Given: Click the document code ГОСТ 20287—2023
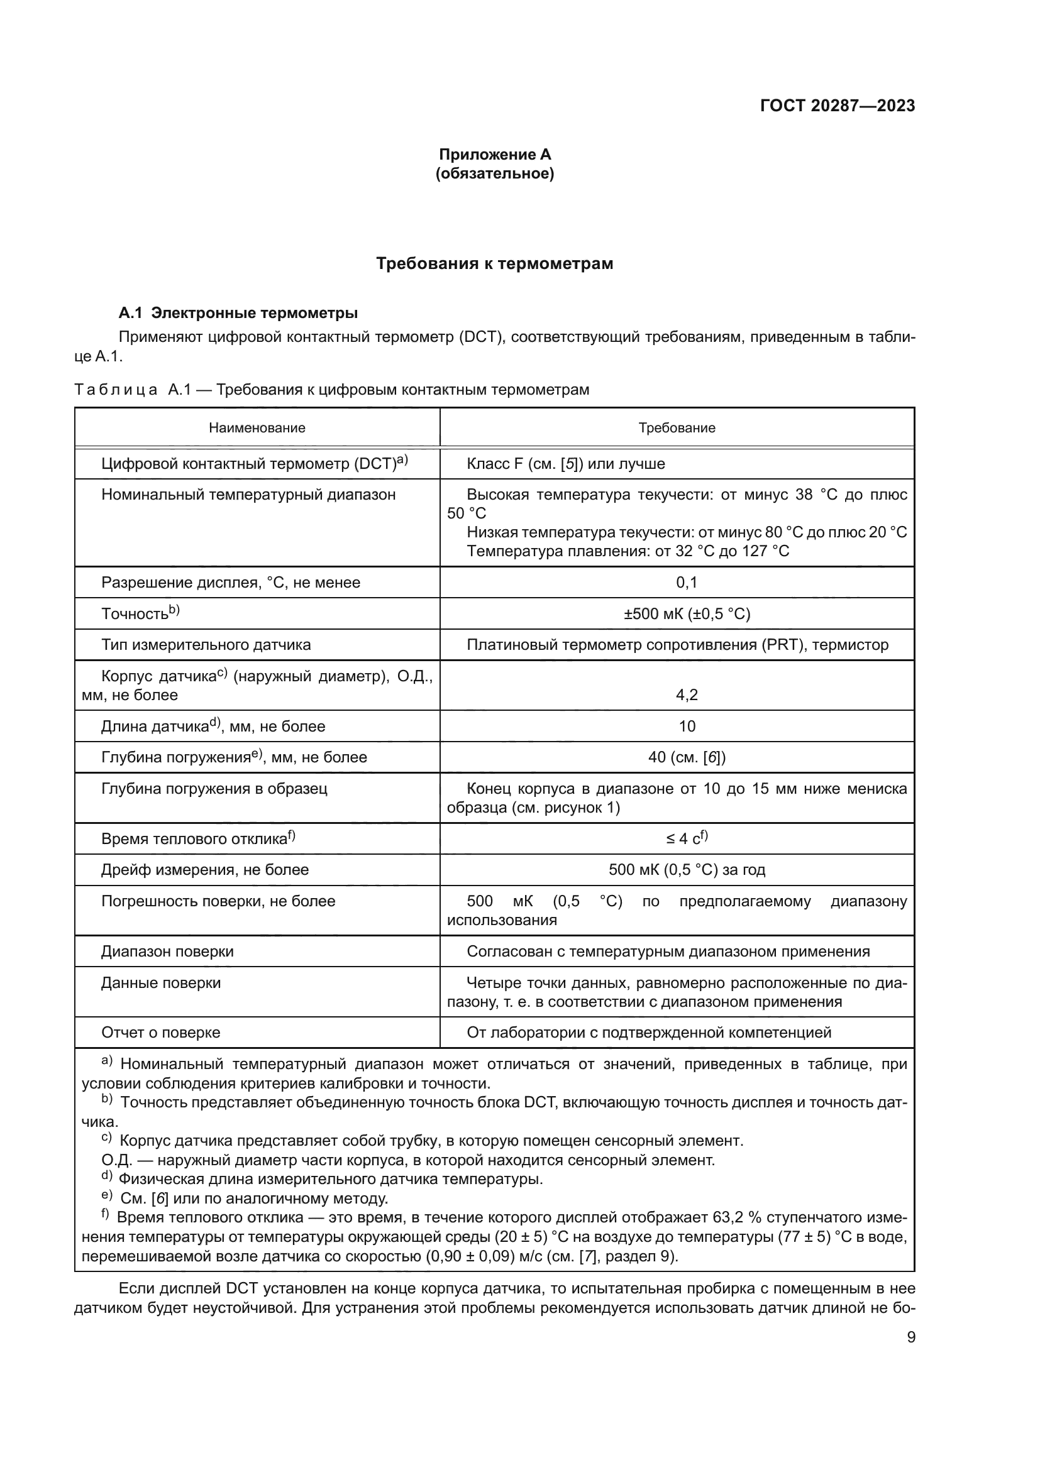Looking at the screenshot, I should click(x=837, y=106).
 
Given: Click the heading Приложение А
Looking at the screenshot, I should click(x=494, y=155).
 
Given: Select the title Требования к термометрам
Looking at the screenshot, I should click(x=494, y=264).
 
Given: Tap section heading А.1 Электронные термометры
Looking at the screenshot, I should click(x=238, y=313).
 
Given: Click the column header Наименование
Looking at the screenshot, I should click(x=257, y=428).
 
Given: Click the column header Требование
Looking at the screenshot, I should click(x=677, y=428).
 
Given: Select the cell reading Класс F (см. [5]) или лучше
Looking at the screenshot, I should click(x=565, y=464).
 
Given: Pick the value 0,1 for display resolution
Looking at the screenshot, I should click(x=687, y=583).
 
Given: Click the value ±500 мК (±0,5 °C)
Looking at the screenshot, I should click(x=687, y=614).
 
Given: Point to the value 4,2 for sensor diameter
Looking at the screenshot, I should click(x=687, y=694).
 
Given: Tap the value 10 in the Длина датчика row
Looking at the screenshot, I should click(x=687, y=726).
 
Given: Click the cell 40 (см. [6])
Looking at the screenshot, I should click(x=687, y=757).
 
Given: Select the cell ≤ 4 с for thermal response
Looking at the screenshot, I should click(x=687, y=839).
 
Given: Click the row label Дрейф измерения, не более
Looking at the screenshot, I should click(x=205, y=869).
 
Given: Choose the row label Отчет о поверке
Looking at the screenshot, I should click(x=161, y=1032).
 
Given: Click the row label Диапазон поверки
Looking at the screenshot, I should click(x=167, y=952).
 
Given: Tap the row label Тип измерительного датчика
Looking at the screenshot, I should click(x=206, y=645).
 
